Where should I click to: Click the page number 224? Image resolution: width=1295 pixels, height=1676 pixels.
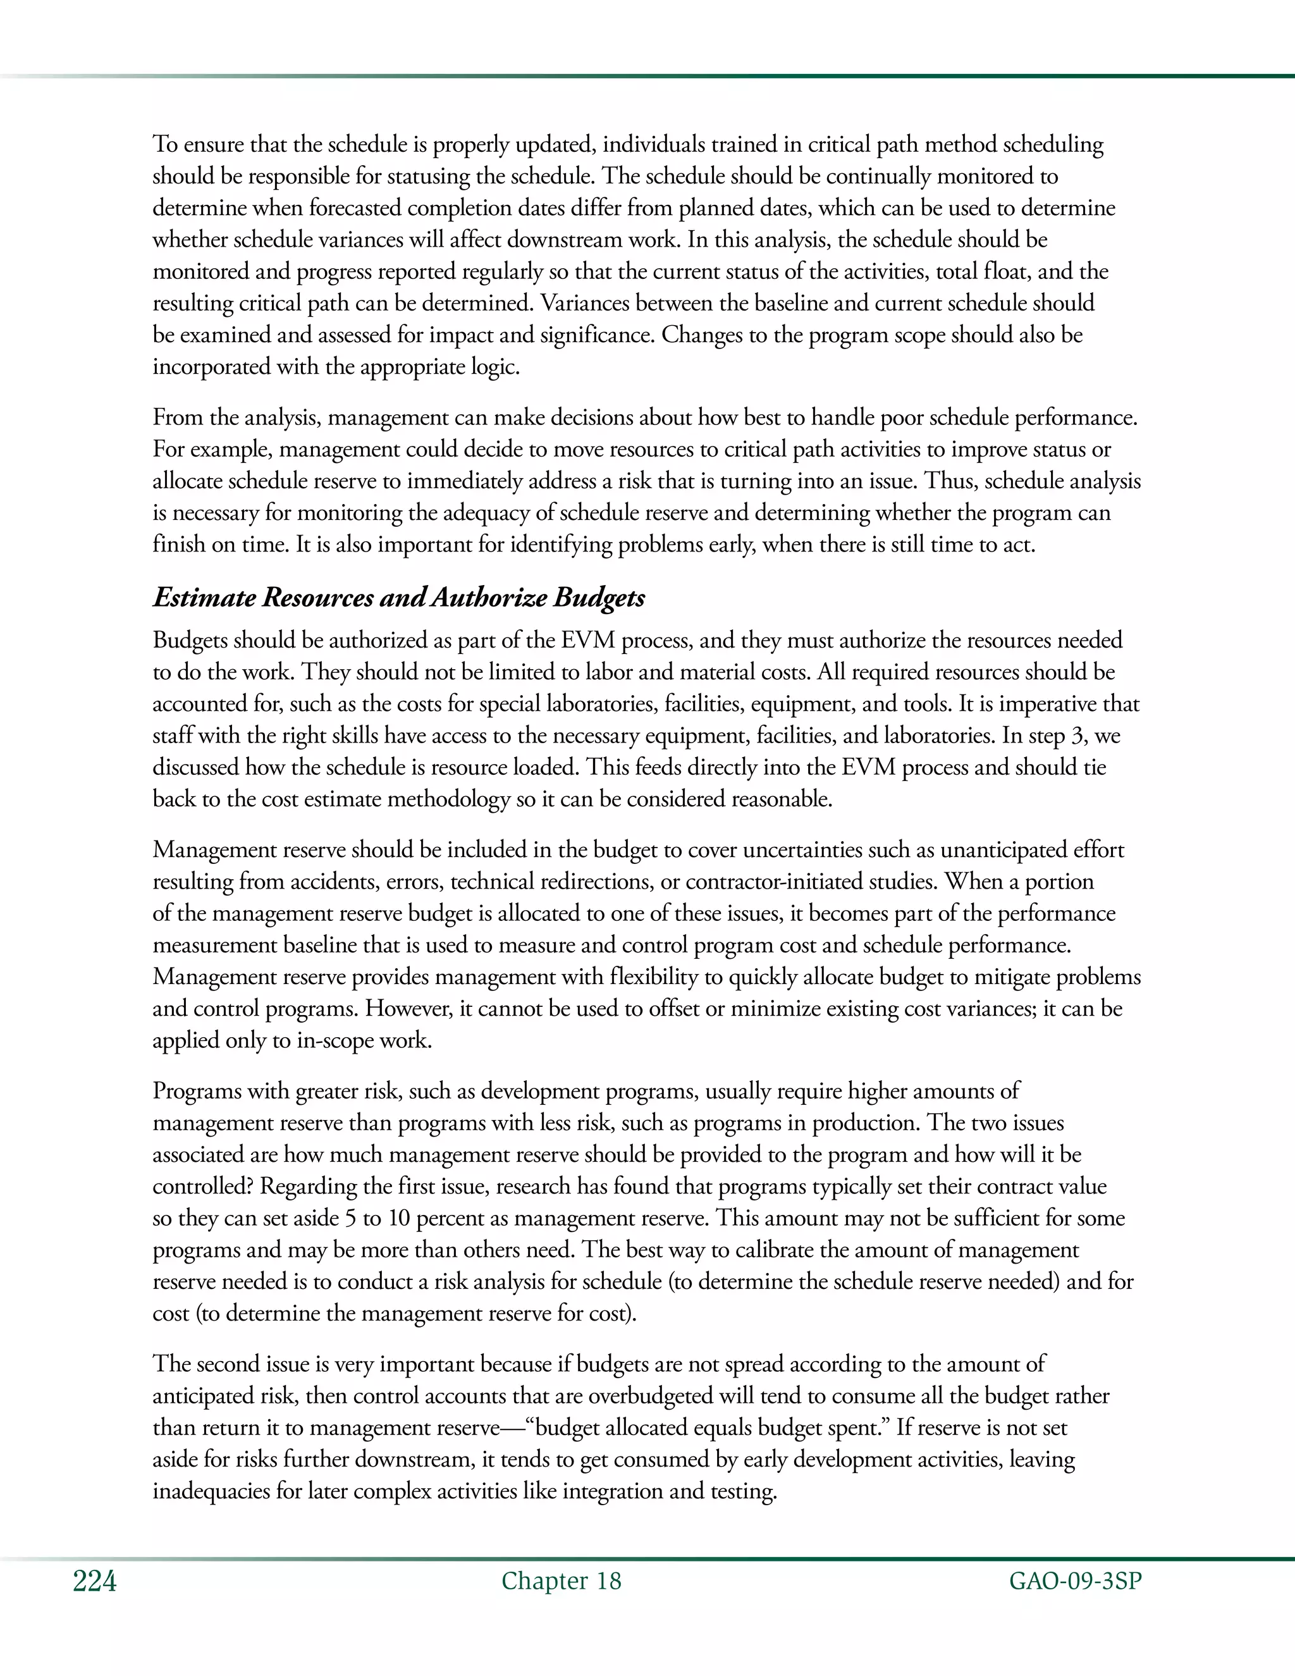pos(94,1582)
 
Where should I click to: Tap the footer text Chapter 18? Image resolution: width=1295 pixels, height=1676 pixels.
pos(561,1581)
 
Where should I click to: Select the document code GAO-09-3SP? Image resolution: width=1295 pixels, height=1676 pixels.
pos(1075,1581)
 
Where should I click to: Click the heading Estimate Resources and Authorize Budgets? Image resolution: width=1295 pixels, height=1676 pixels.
pos(398,597)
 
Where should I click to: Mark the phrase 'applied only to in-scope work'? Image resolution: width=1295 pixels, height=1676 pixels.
pos(292,1040)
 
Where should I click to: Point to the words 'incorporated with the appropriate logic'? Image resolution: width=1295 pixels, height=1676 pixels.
pos(335,367)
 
